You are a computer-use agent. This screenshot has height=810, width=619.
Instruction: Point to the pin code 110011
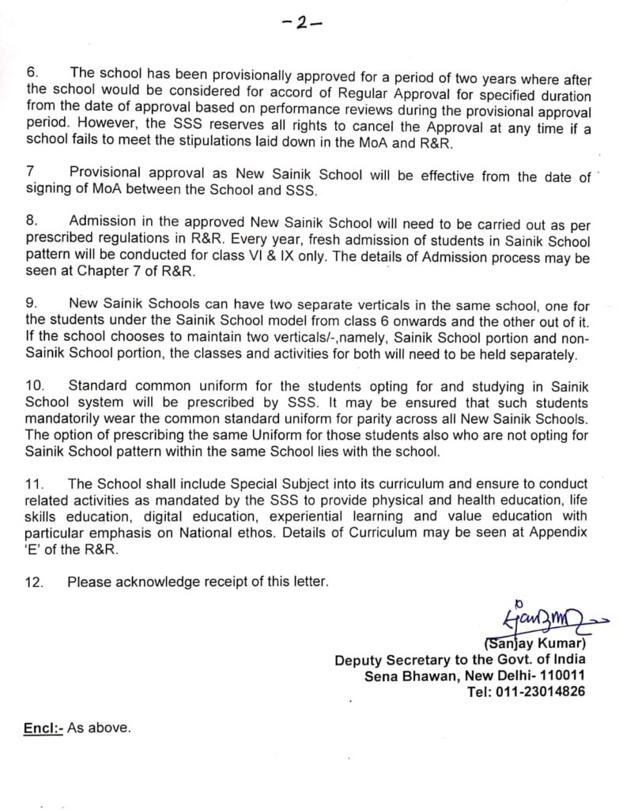point(559,675)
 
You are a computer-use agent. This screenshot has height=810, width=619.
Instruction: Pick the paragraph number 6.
point(32,73)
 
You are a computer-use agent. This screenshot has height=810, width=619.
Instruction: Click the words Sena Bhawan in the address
point(400,675)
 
